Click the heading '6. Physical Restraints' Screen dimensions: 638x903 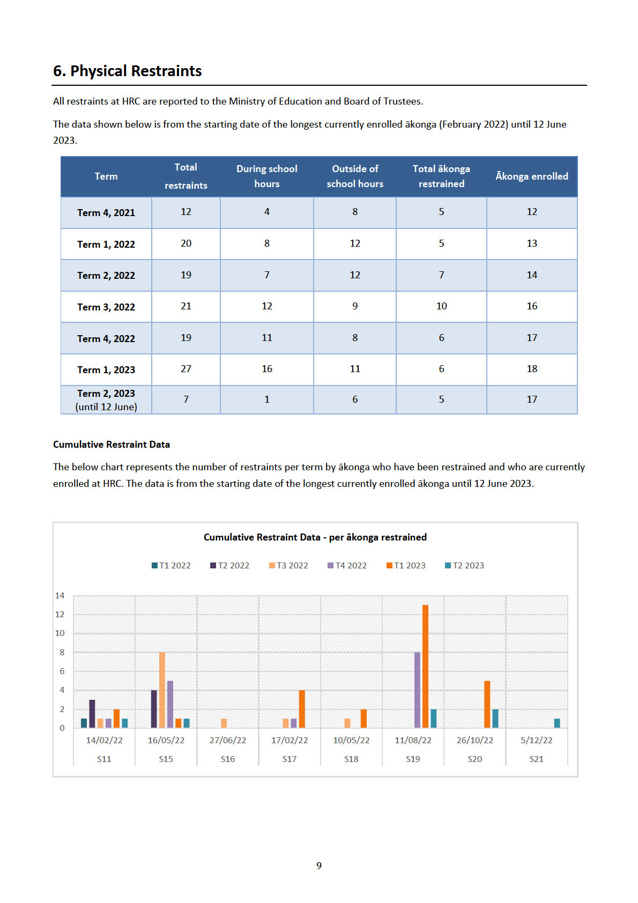pyautogui.click(x=128, y=71)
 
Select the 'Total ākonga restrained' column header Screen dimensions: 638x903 pyautogui.click(x=441, y=176)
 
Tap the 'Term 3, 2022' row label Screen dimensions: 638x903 pyautogui.click(x=106, y=307)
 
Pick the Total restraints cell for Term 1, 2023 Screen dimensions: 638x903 pyautogui.click(x=186, y=369)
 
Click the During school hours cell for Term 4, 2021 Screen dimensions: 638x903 pyautogui.click(x=267, y=212)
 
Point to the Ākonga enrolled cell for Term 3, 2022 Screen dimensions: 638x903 pyautogui.click(x=532, y=306)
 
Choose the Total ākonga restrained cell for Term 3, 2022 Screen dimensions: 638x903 pyautogui.click(x=441, y=306)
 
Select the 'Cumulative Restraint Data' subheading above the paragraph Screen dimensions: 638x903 pyautogui.click(x=112, y=444)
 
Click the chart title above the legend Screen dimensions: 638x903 pyautogui.click(x=315, y=537)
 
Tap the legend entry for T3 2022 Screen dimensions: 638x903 pyautogui.click(x=288, y=565)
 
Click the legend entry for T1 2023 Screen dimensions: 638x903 pyautogui.click(x=406, y=565)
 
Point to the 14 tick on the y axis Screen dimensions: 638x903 pyautogui.click(x=60, y=595)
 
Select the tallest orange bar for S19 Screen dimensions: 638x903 pyautogui.click(x=425, y=666)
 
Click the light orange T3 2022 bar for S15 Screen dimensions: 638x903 pyautogui.click(x=162, y=690)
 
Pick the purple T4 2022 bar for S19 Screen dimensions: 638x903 pyautogui.click(x=417, y=690)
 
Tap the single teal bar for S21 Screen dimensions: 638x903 pyautogui.click(x=557, y=723)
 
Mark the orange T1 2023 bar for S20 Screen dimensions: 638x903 pyautogui.click(x=487, y=704)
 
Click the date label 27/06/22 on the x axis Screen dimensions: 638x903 pyautogui.click(x=228, y=740)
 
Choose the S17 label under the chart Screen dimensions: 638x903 pyautogui.click(x=290, y=759)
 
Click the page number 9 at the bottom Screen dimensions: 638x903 pyautogui.click(x=319, y=865)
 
